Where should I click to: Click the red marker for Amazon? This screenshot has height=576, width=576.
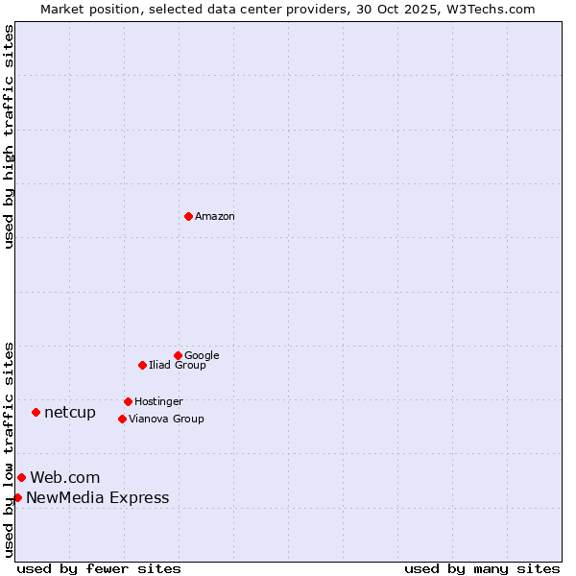[x=188, y=216]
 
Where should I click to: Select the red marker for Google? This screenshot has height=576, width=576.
[x=178, y=355]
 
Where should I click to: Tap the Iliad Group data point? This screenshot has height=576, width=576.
[x=142, y=365]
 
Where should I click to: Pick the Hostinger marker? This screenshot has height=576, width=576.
[x=128, y=401]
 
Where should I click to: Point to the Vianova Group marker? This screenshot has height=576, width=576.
[x=122, y=419]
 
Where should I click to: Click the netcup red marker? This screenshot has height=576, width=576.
[x=36, y=412]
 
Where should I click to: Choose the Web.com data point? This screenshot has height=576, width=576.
[x=21, y=477]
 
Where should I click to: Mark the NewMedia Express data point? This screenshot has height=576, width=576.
[x=17, y=497]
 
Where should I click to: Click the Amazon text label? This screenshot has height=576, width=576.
[x=215, y=217]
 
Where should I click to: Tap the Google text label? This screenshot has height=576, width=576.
[x=202, y=356]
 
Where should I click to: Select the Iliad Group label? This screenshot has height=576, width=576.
[x=178, y=366]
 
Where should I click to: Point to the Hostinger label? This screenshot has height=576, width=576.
[x=158, y=402]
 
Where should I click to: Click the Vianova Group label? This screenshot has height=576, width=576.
[x=166, y=420]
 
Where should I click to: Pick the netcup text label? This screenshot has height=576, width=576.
[x=70, y=413]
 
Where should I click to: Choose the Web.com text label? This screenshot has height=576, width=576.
[x=64, y=478]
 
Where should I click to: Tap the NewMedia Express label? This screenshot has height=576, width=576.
[x=97, y=498]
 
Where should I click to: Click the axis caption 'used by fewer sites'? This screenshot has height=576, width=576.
[x=99, y=568]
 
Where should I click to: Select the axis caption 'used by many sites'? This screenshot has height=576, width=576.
[x=482, y=568]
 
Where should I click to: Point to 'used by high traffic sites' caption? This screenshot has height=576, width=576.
[x=9, y=136]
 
